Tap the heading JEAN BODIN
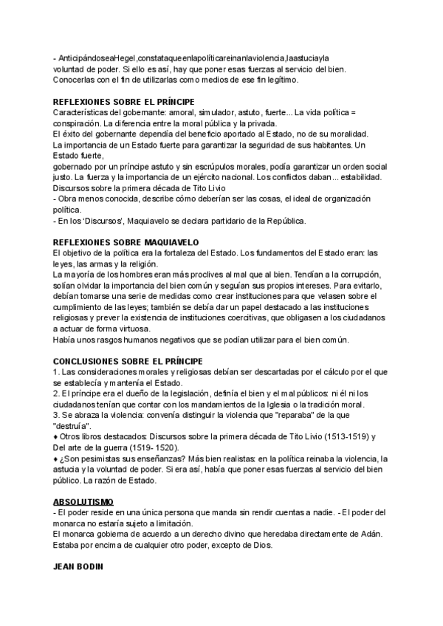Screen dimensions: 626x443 point(78,568)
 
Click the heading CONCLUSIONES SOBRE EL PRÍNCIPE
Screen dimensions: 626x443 point(133,362)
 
